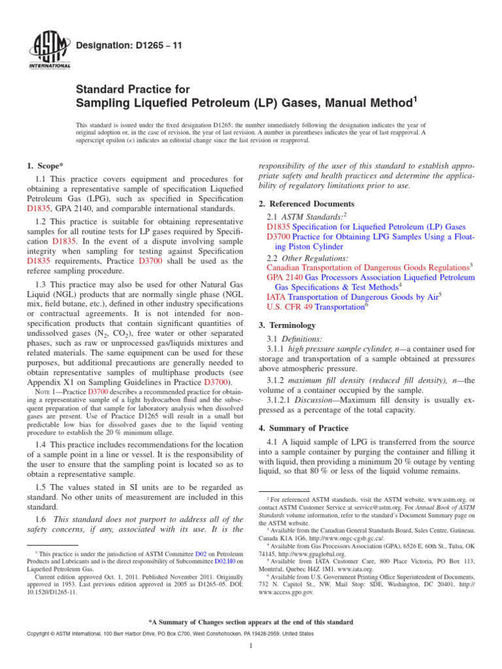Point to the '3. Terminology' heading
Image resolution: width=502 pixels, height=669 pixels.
point(288,325)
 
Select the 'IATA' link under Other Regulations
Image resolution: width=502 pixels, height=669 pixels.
point(276,297)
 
